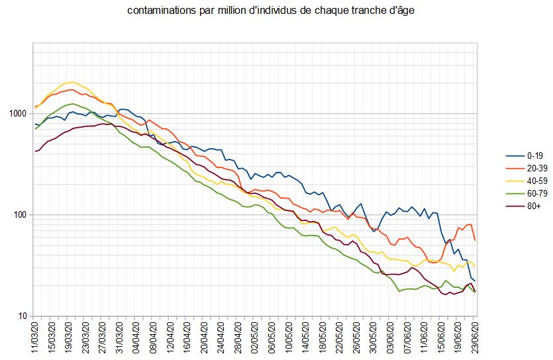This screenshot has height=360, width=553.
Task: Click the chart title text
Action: pos(276,12)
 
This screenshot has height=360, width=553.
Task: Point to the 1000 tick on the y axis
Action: pos(20,114)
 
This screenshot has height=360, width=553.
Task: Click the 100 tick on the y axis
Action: pos(22,215)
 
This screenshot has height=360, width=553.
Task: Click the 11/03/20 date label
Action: pos(35,337)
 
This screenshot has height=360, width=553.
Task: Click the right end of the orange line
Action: pos(475,240)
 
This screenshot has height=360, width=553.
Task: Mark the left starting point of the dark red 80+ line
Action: pos(35,152)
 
